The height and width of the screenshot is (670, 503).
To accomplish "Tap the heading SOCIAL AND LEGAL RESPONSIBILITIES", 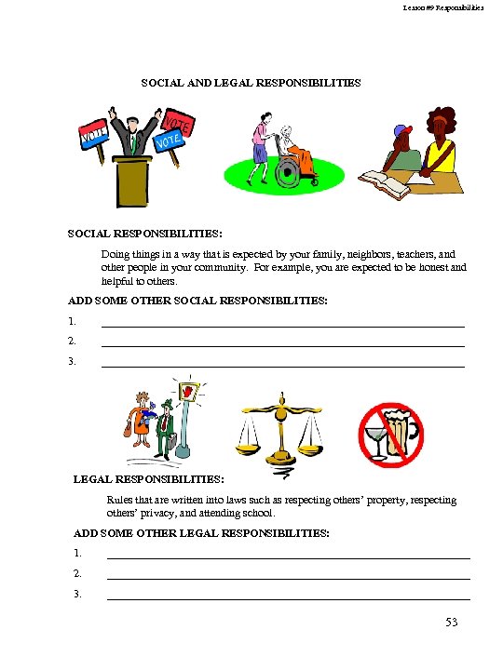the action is [251, 83].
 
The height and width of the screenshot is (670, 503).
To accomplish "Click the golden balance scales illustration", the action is [278, 429].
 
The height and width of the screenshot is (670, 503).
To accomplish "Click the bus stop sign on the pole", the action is [190, 392].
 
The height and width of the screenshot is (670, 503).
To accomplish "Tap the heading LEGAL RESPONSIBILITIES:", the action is [149, 480].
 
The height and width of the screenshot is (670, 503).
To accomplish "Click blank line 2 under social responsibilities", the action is [282, 345].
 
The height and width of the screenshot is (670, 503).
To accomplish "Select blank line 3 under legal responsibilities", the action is [289, 597].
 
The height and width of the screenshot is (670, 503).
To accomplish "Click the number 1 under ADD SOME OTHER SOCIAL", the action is [72, 322].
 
